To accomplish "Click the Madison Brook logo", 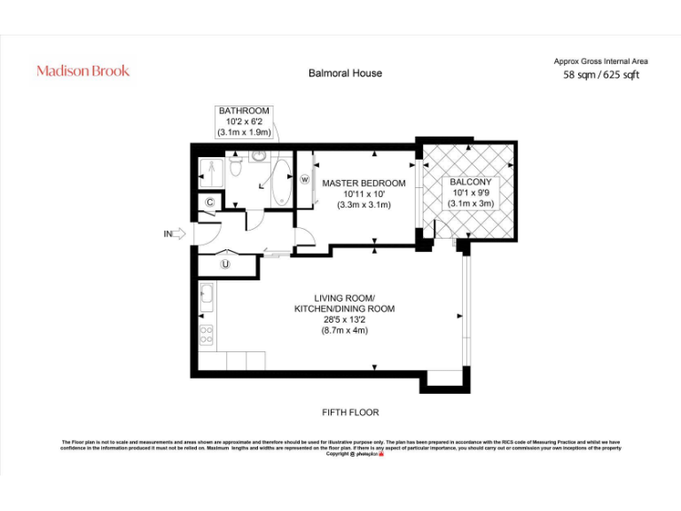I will pos(82,71).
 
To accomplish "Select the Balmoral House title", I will pos(345,73).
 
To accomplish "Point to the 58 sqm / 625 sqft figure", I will pos(601,75).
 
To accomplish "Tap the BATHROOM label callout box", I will pos(244,122).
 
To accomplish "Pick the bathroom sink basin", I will pos(258,156).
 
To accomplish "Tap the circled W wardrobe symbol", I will pos(304,179).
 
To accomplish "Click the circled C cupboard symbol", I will pos(209,203).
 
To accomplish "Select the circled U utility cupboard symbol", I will pos(225,263).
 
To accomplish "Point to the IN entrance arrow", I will pos(173,234).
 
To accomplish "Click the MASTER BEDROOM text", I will pos(364,184).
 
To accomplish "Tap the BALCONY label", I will pos(470,182).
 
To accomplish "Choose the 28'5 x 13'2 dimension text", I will pos(344,319).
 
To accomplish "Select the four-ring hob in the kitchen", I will pos(206,335).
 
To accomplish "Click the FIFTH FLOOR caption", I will pos(350,413).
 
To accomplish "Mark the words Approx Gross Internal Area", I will pos(600,61).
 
